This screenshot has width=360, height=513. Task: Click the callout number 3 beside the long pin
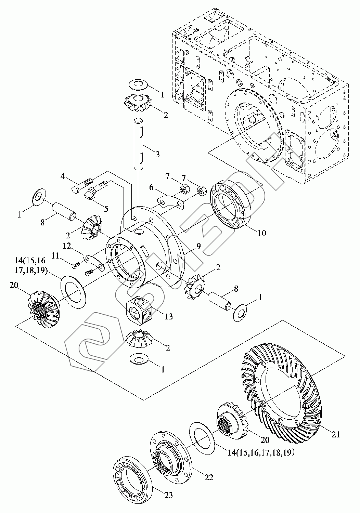tap(157, 154)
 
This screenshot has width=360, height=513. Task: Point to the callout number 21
tap(336, 434)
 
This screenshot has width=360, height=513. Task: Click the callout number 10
tap(262, 233)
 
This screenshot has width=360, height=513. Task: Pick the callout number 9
tap(198, 247)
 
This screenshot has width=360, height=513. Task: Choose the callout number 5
tap(106, 209)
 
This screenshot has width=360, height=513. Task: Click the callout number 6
tap(152, 188)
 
